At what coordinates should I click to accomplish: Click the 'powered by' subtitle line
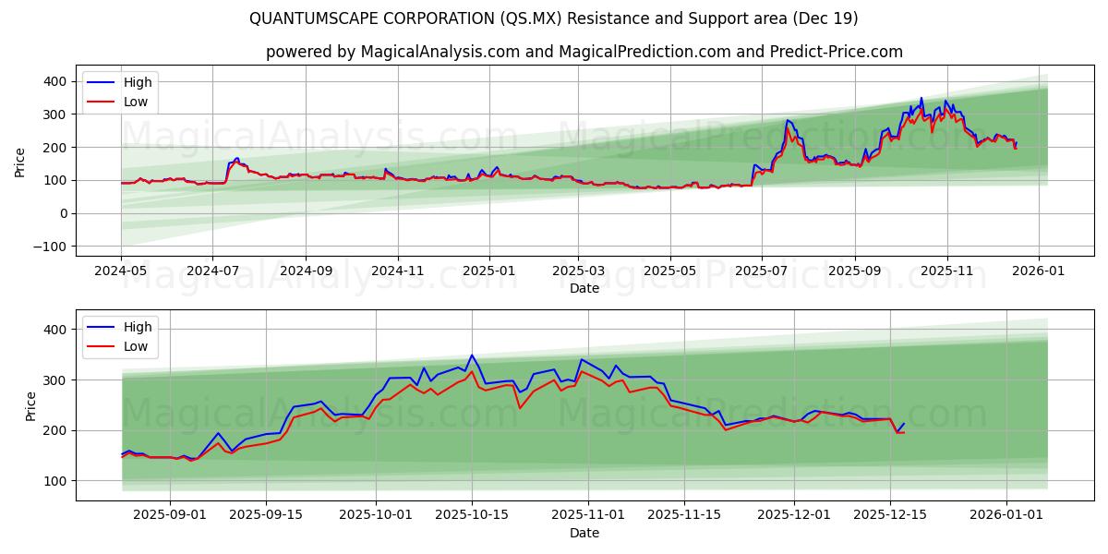pos(584,52)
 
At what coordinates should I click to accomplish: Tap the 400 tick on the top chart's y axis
pos(54,81)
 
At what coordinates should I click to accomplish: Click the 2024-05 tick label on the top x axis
pos(121,272)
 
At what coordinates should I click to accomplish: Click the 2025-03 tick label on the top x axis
pos(578,272)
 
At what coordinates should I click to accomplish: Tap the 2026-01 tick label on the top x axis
pos(1038,272)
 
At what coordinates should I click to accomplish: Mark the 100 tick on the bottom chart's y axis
pos(54,481)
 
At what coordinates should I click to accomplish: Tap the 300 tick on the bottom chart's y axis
pos(54,380)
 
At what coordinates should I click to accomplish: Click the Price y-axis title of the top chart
pos(20,163)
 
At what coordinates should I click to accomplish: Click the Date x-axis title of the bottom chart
pos(584,533)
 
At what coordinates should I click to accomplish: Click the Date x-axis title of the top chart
pos(584,288)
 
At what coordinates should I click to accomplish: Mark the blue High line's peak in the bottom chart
pos(472,355)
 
